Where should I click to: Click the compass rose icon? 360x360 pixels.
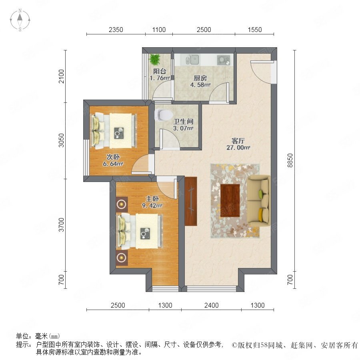20,20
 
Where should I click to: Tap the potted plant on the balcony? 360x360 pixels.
155,59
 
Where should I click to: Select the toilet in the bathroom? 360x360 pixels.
164,115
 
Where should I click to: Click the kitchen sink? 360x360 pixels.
192,60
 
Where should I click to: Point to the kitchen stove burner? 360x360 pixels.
223,60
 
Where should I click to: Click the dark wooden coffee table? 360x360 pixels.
230,200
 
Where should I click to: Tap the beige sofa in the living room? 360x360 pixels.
258,201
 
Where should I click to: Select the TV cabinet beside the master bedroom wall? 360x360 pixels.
191,201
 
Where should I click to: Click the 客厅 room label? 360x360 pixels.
238,140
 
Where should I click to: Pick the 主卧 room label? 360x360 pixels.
152,198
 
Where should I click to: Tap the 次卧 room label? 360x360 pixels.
113,157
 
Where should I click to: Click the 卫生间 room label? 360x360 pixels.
183,121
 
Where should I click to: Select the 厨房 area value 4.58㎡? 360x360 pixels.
200,85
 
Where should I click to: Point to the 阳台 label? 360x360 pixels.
160,71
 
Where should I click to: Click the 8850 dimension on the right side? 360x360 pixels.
290,160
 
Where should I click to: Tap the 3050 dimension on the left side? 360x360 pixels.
61,140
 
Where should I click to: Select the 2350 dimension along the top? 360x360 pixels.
116,30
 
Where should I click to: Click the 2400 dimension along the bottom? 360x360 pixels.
212,305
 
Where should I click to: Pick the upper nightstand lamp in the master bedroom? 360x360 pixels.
122,204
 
